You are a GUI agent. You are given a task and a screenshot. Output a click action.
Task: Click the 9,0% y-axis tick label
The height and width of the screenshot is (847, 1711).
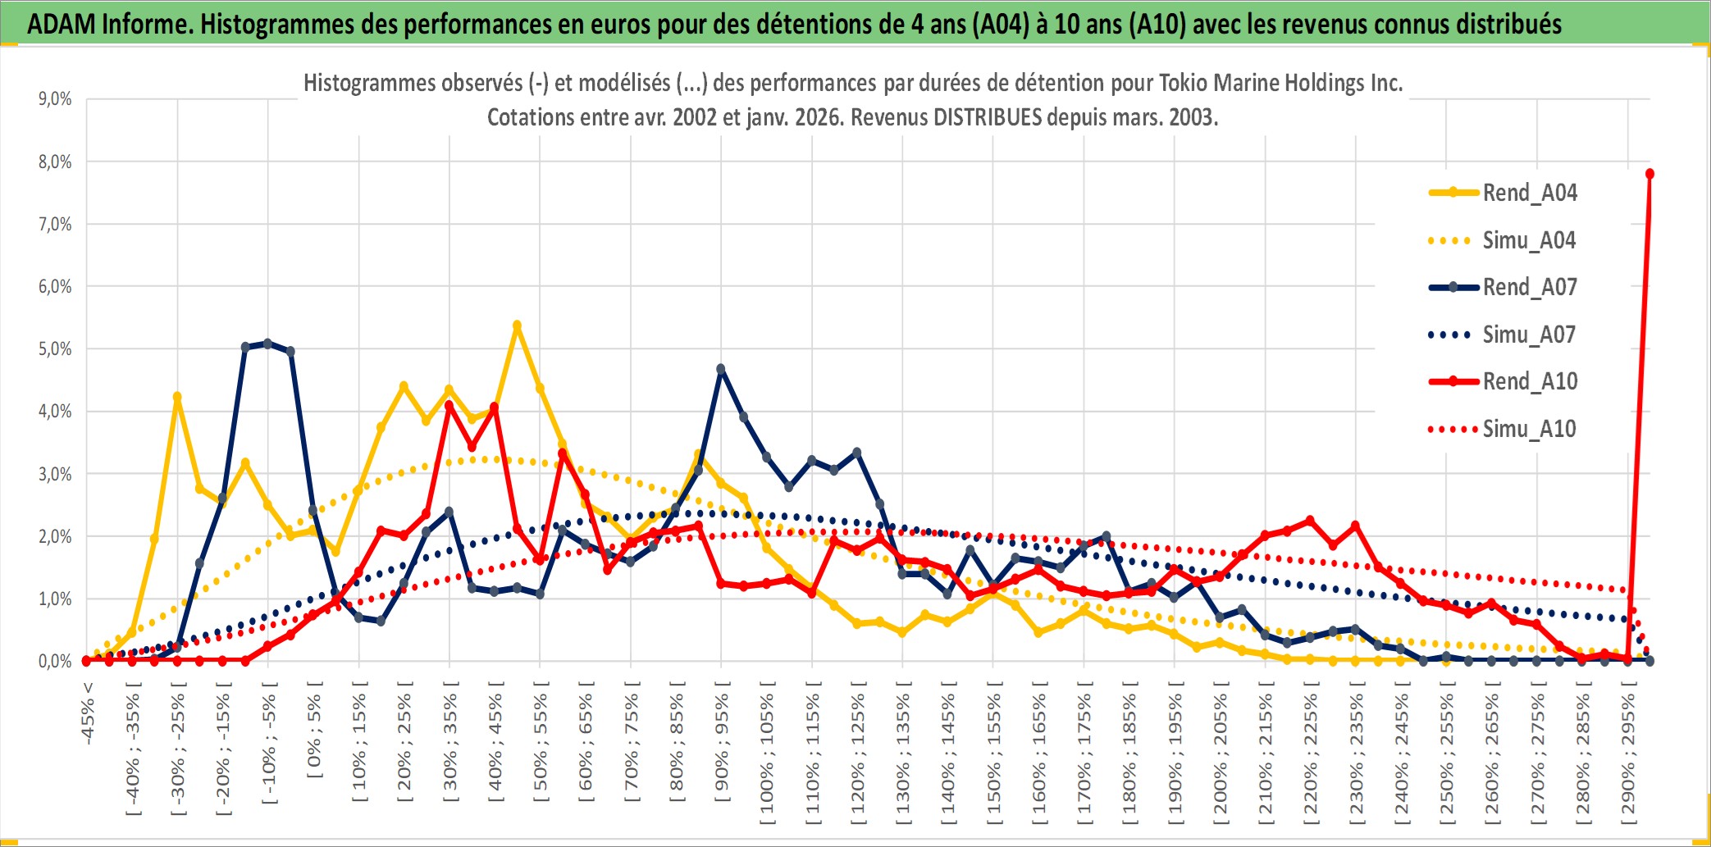click(55, 99)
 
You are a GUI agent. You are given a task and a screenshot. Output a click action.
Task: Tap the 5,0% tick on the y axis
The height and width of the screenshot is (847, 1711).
click(55, 349)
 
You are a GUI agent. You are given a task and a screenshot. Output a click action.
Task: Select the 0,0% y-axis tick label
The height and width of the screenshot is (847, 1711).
click(55, 662)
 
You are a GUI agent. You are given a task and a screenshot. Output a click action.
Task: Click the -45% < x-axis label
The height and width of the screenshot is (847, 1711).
click(88, 713)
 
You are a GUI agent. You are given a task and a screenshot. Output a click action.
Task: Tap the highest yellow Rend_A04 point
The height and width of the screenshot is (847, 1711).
click(517, 326)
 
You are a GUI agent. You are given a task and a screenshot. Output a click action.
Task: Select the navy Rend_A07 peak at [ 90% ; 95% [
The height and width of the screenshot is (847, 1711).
click(721, 369)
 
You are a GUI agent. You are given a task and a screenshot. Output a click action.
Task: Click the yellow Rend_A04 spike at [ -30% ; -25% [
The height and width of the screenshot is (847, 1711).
click(177, 397)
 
